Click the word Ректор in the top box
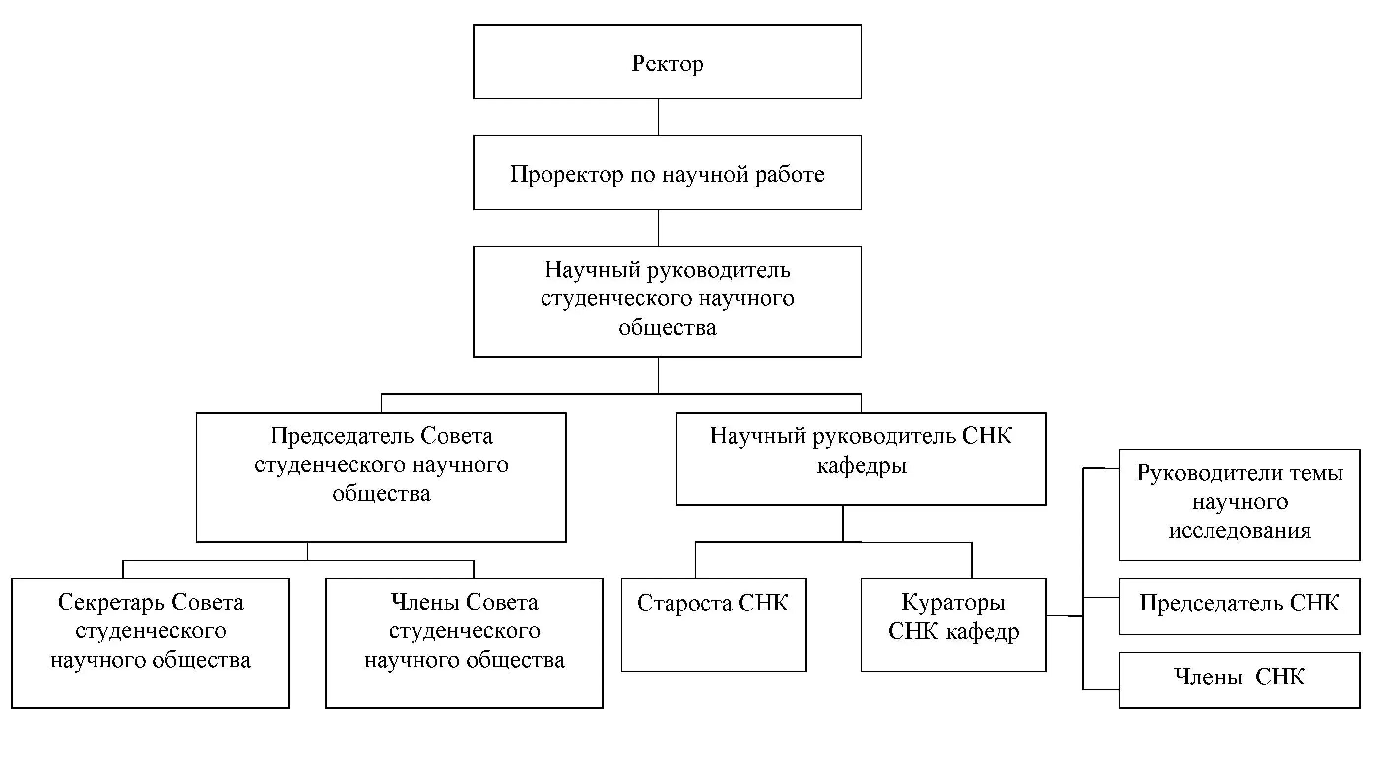668,64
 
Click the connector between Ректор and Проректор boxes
658,117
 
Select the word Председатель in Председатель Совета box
341,436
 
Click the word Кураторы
953,603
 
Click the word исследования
1239,531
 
